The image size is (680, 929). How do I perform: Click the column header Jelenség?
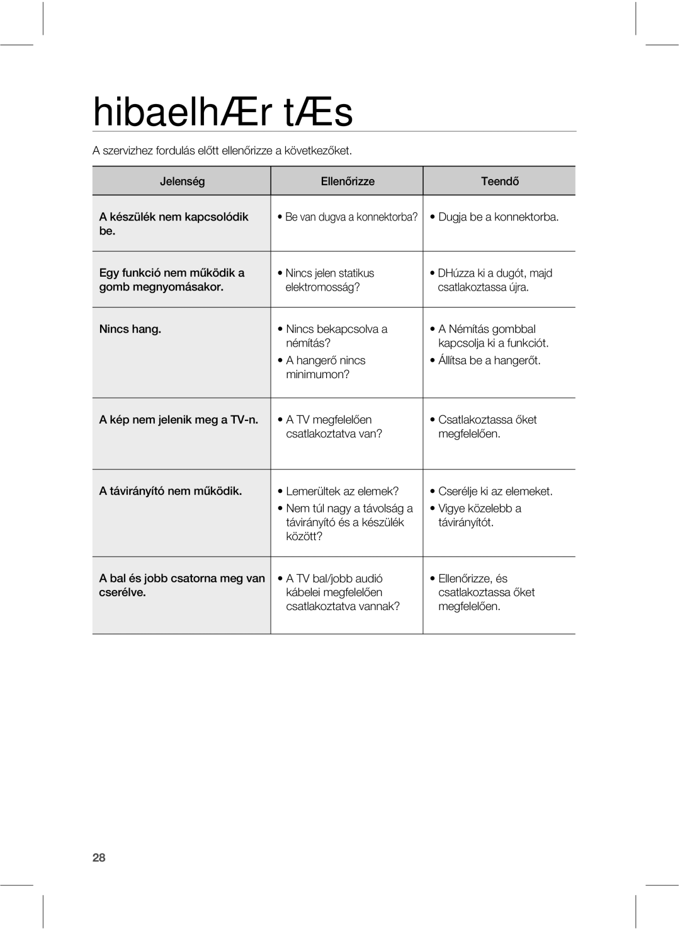click(182, 182)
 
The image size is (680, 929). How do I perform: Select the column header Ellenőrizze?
click(348, 182)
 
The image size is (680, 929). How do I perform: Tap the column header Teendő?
click(500, 182)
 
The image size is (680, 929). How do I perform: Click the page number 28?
click(99, 858)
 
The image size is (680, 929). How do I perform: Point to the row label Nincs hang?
click(130, 329)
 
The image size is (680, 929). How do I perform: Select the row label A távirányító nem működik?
click(171, 491)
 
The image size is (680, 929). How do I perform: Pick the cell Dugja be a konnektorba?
click(498, 217)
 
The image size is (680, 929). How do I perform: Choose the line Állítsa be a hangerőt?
click(489, 361)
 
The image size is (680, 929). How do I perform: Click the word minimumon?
click(318, 374)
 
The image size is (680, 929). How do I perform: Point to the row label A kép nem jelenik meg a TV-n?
click(179, 420)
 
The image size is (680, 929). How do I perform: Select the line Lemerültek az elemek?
click(342, 491)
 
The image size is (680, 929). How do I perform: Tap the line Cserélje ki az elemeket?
click(496, 491)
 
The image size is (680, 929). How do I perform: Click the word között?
click(304, 536)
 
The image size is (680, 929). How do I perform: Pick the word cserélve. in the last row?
click(123, 593)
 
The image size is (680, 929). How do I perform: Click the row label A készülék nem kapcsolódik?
click(174, 217)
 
